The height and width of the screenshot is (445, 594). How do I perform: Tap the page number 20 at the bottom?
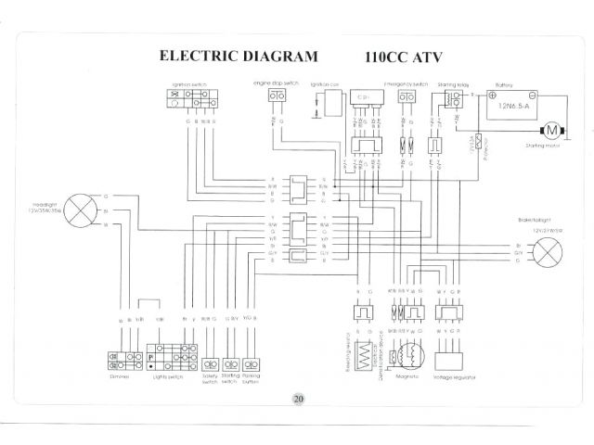(298, 399)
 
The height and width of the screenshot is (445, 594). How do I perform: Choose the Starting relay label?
(453, 83)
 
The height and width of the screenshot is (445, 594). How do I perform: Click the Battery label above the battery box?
(505, 83)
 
